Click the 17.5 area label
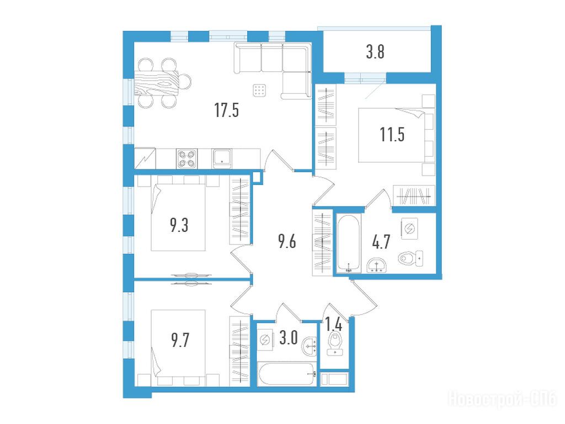point(227,110)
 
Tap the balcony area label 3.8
point(375,51)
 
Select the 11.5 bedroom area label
point(392,135)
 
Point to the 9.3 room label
point(179,225)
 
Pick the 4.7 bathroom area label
point(381,241)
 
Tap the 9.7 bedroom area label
point(180,340)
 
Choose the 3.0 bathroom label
point(289,338)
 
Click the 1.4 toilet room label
point(334,325)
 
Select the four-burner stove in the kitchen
point(186,158)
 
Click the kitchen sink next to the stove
point(222,158)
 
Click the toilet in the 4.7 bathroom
point(411,258)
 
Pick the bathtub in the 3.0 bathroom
point(287,374)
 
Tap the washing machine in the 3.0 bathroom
point(266,340)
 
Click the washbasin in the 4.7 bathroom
point(376,266)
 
